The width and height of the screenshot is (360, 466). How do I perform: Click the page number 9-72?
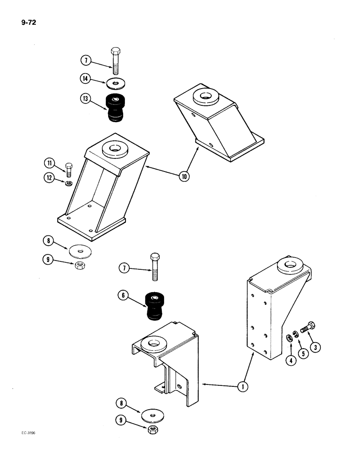pos(29,20)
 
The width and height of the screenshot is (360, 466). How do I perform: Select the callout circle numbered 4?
pos(291,360)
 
